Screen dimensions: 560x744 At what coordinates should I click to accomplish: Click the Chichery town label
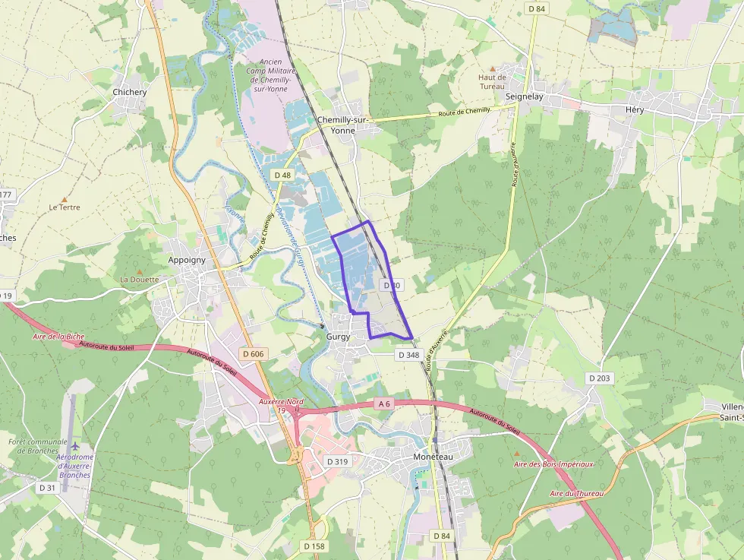(x=129, y=92)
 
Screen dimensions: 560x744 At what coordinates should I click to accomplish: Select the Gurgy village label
(x=339, y=335)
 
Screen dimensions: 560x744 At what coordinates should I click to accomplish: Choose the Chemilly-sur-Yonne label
(x=342, y=125)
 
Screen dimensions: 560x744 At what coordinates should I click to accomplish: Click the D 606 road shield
(x=254, y=354)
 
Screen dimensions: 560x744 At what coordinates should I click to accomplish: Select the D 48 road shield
(x=282, y=175)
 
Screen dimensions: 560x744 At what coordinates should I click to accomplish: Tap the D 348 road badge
(x=408, y=355)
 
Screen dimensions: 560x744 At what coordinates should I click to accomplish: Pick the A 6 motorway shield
(x=384, y=404)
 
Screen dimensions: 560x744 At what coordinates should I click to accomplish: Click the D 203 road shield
(x=598, y=378)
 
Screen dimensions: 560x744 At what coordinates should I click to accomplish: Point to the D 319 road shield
(x=337, y=461)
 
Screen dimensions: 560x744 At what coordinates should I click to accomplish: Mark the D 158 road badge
(x=314, y=546)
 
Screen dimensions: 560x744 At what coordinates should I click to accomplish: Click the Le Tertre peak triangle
(x=64, y=198)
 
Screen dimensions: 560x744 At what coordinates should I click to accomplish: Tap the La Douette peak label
(x=140, y=279)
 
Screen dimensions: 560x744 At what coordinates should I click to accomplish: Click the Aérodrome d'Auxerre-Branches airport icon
(x=75, y=444)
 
